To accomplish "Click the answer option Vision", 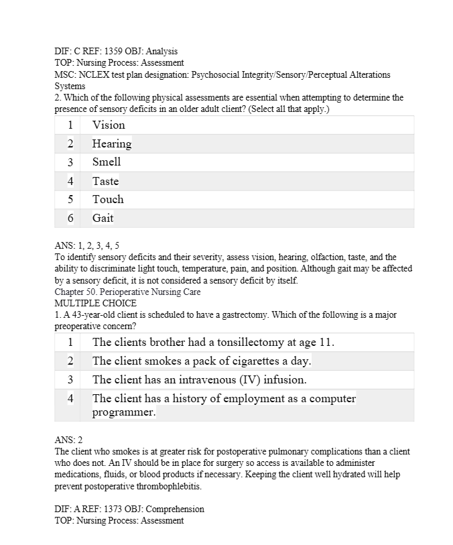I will tap(109, 125).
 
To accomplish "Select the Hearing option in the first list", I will tap(111, 143).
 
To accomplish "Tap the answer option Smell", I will tap(107, 162).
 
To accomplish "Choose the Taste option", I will tap(105, 181).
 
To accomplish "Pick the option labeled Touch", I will tap(108, 199).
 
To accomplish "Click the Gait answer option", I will tap(103, 218).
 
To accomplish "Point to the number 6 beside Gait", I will tap(70, 218).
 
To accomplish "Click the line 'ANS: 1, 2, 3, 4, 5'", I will tap(87, 246).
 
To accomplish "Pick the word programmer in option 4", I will tap(123, 413).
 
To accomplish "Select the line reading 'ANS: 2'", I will tap(68, 440).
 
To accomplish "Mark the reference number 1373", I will tap(111, 509).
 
